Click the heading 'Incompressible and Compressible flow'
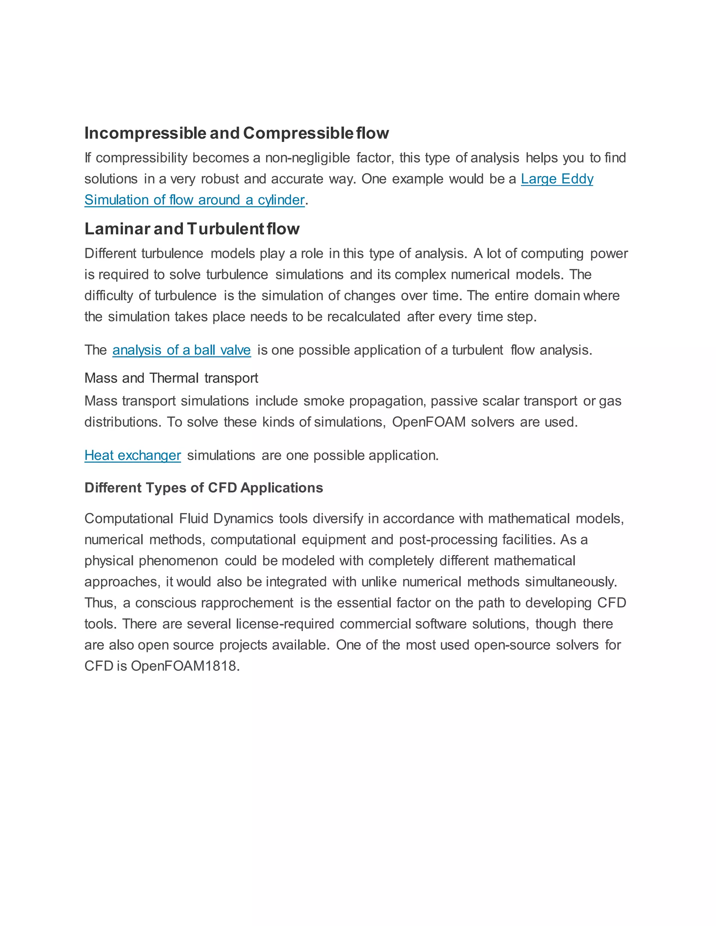(x=236, y=133)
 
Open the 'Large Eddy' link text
(x=557, y=179)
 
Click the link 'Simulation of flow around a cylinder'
(x=194, y=200)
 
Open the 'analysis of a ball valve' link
(x=181, y=350)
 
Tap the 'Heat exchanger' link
(x=133, y=455)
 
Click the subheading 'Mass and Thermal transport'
(x=171, y=378)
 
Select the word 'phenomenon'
(x=178, y=560)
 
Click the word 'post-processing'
(x=448, y=540)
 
